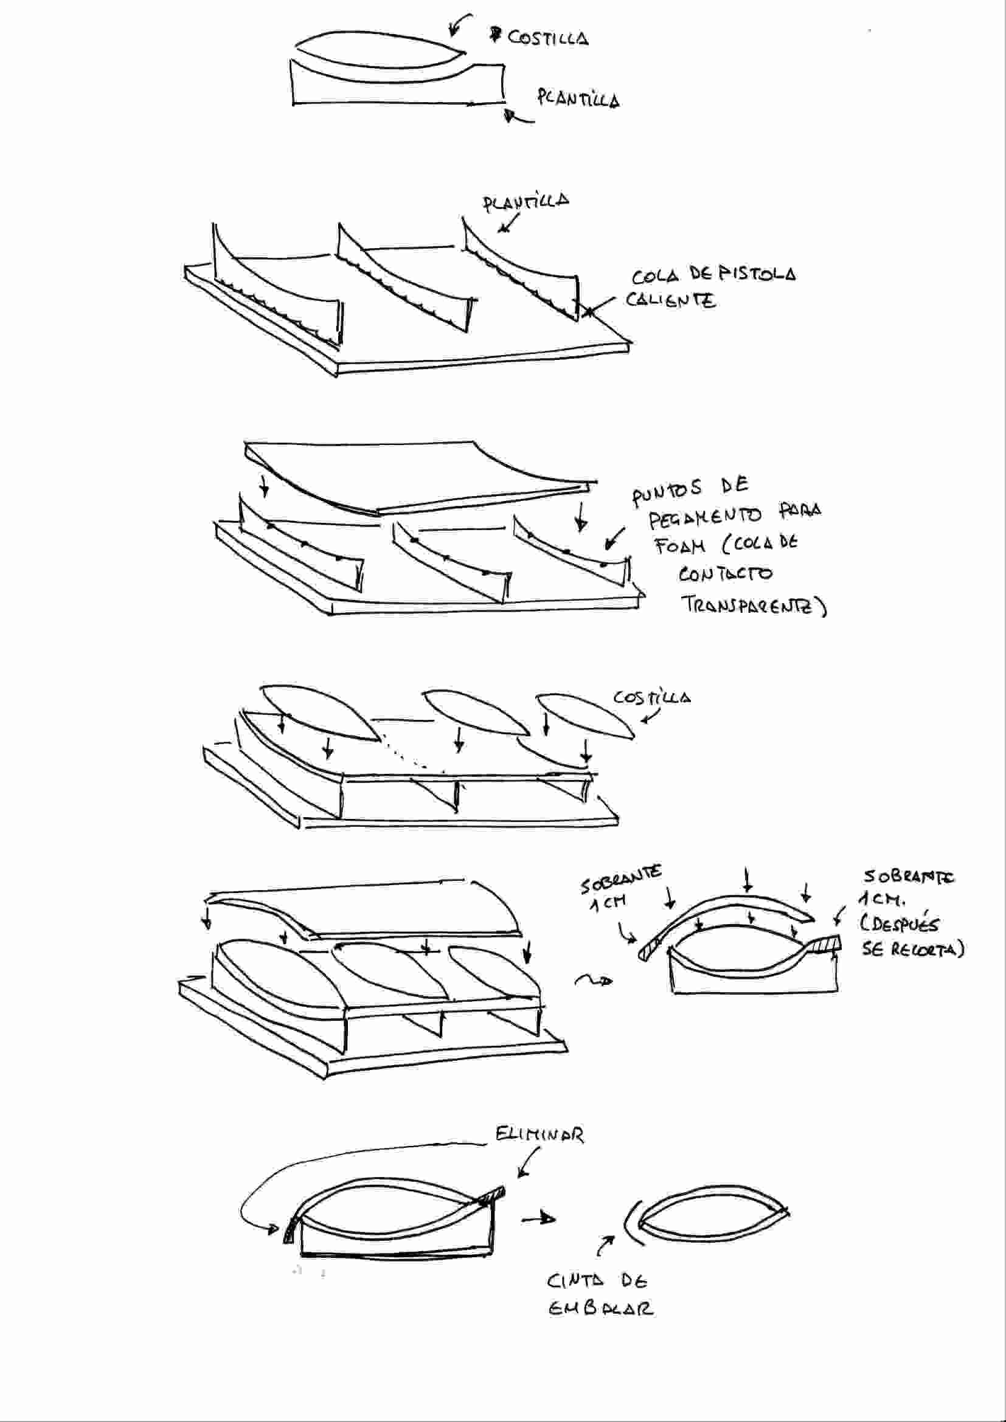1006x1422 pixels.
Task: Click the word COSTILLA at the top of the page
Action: (x=548, y=39)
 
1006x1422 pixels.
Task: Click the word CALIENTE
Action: (x=670, y=301)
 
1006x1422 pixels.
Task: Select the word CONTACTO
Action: (x=725, y=574)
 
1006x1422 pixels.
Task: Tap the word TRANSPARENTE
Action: (x=752, y=605)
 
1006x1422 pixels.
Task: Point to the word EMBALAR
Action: (x=600, y=1309)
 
